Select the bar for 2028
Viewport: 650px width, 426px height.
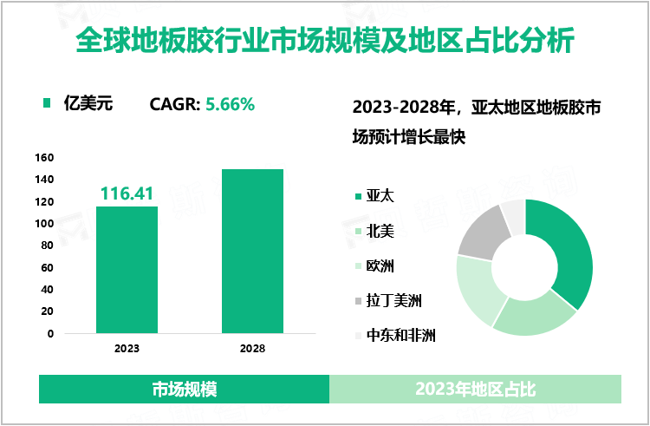point(252,251)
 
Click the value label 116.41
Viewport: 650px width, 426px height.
point(127,193)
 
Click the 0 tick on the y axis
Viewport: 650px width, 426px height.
point(50,333)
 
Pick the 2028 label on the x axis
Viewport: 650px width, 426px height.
point(252,349)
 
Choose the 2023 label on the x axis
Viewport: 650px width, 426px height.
point(127,349)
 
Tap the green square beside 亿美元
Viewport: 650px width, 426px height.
point(48,105)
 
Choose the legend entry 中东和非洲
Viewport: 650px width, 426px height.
point(400,336)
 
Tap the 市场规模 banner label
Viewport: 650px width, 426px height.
point(184,390)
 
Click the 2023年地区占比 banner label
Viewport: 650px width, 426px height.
point(475,390)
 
